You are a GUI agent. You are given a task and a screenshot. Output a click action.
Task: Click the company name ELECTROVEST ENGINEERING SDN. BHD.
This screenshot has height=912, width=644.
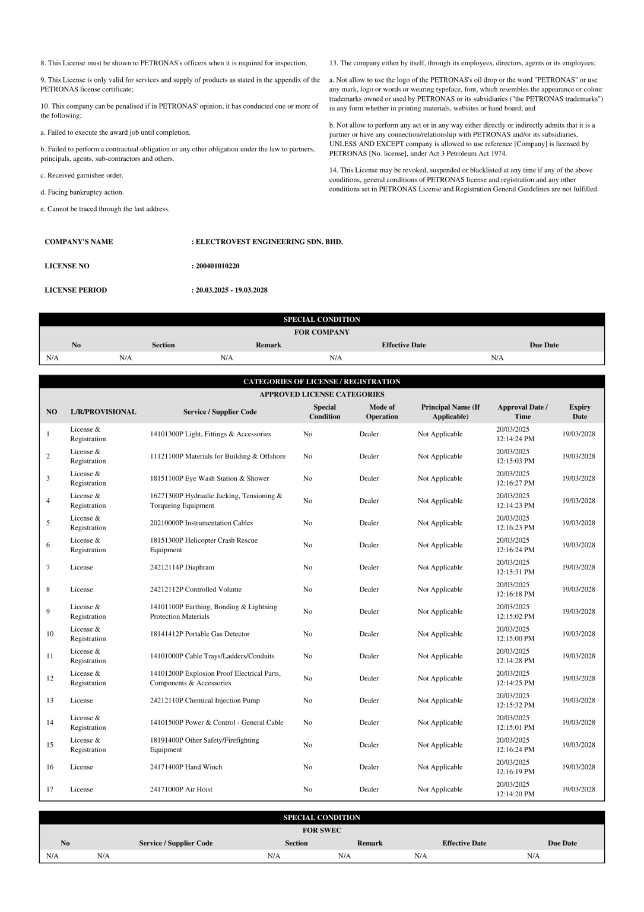(x=269, y=242)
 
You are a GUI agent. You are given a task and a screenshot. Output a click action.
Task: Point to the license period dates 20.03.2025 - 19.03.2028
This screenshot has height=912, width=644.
(x=231, y=290)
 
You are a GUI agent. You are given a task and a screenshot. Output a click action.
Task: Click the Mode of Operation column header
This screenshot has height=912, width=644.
(x=382, y=411)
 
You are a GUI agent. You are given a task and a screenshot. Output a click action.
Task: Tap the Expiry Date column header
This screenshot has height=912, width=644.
(x=579, y=411)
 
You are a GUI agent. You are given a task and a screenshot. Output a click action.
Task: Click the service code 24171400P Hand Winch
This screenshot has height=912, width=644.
(x=186, y=767)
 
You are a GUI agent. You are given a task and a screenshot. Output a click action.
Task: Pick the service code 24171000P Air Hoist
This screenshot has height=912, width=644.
(x=181, y=789)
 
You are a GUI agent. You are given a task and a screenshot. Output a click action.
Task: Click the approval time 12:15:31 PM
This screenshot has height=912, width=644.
(x=515, y=572)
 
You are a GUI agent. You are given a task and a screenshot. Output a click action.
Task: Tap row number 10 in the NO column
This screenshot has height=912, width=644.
(x=50, y=634)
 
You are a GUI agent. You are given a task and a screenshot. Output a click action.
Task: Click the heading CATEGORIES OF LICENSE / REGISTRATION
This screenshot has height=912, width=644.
(x=322, y=382)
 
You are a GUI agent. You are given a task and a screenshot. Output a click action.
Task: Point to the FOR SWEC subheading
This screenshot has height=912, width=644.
(x=322, y=831)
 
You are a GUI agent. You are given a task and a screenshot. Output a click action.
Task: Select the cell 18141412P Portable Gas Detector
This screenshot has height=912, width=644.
(x=199, y=634)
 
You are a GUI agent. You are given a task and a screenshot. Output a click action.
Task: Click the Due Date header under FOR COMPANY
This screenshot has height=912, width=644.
(x=544, y=345)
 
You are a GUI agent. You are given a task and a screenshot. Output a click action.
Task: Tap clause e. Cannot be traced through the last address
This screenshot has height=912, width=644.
(x=105, y=209)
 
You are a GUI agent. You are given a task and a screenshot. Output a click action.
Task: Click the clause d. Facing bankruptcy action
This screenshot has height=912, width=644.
(x=82, y=192)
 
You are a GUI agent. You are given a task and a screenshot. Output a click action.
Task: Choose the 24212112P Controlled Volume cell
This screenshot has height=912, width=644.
(x=195, y=590)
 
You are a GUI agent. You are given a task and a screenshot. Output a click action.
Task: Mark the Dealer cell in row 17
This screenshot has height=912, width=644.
(x=369, y=789)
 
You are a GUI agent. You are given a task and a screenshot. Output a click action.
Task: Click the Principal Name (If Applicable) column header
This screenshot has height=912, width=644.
(x=450, y=411)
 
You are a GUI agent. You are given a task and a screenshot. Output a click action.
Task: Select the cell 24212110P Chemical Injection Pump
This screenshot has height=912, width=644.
(x=204, y=701)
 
